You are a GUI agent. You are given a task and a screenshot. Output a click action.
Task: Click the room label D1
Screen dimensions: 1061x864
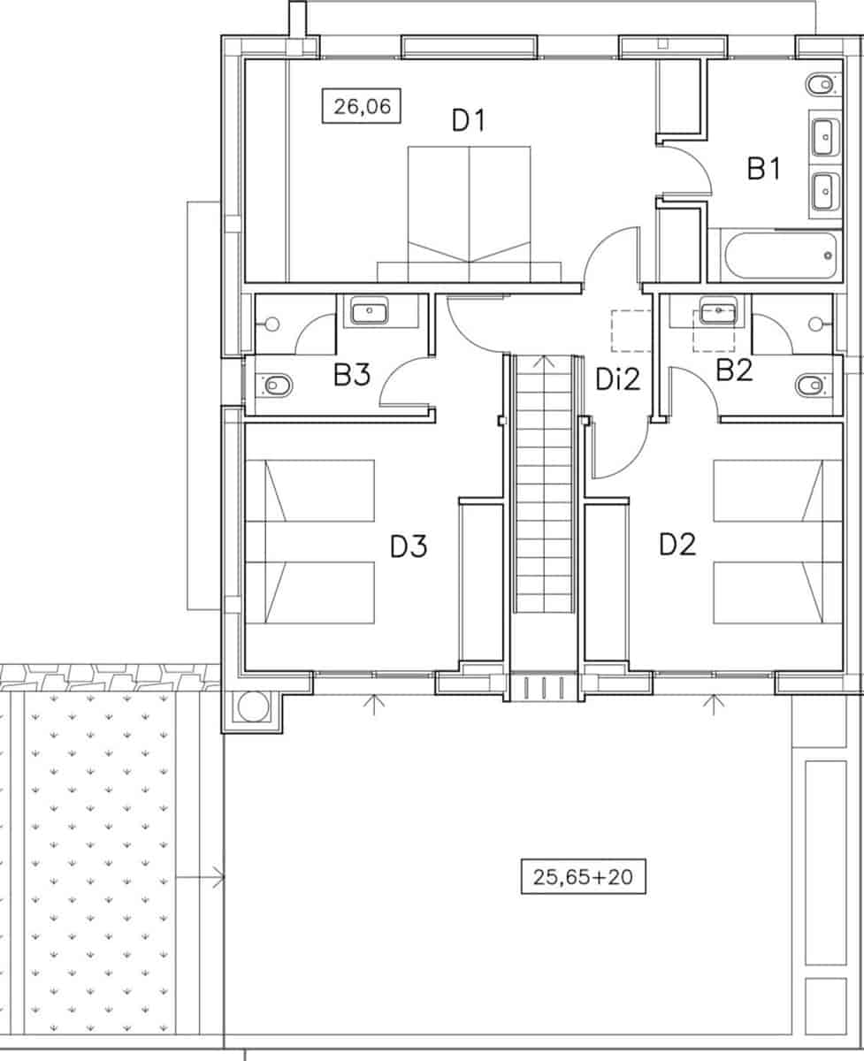point(469,119)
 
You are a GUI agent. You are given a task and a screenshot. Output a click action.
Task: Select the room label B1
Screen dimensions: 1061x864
point(763,168)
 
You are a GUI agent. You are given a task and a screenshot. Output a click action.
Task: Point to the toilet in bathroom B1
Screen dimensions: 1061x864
point(820,85)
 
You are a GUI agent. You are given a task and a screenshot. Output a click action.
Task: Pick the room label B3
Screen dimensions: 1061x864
point(351,376)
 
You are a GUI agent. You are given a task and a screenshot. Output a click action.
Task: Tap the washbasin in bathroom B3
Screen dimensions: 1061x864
point(374,311)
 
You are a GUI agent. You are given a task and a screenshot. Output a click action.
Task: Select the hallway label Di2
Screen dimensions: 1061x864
point(617,381)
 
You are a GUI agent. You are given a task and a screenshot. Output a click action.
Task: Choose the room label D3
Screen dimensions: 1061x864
point(409,546)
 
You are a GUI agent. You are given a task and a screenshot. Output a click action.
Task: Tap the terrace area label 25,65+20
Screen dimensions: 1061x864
point(583,877)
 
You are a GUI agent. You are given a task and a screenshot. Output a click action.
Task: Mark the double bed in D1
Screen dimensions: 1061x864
point(469,212)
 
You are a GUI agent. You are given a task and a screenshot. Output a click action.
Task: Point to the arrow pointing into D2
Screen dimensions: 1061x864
point(713,704)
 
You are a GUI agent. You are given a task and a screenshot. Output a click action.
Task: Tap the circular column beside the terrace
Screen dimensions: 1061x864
point(252,706)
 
